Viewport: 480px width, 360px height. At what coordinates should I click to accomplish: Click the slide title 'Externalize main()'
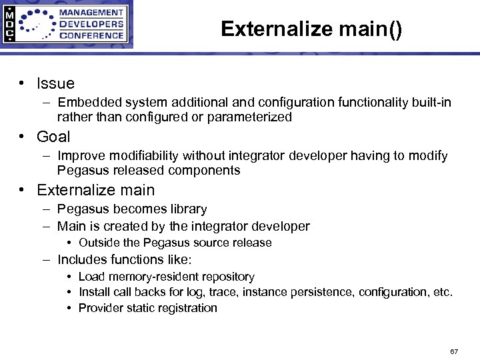coord(311,29)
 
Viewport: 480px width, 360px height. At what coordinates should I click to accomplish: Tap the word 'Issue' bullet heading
coord(55,83)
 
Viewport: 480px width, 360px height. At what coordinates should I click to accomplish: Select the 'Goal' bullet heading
coord(53,137)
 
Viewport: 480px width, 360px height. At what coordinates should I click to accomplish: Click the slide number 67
coord(454,351)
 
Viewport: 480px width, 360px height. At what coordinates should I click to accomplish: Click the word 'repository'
coord(225,277)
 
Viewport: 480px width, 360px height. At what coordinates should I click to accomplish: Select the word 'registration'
coord(185,308)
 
